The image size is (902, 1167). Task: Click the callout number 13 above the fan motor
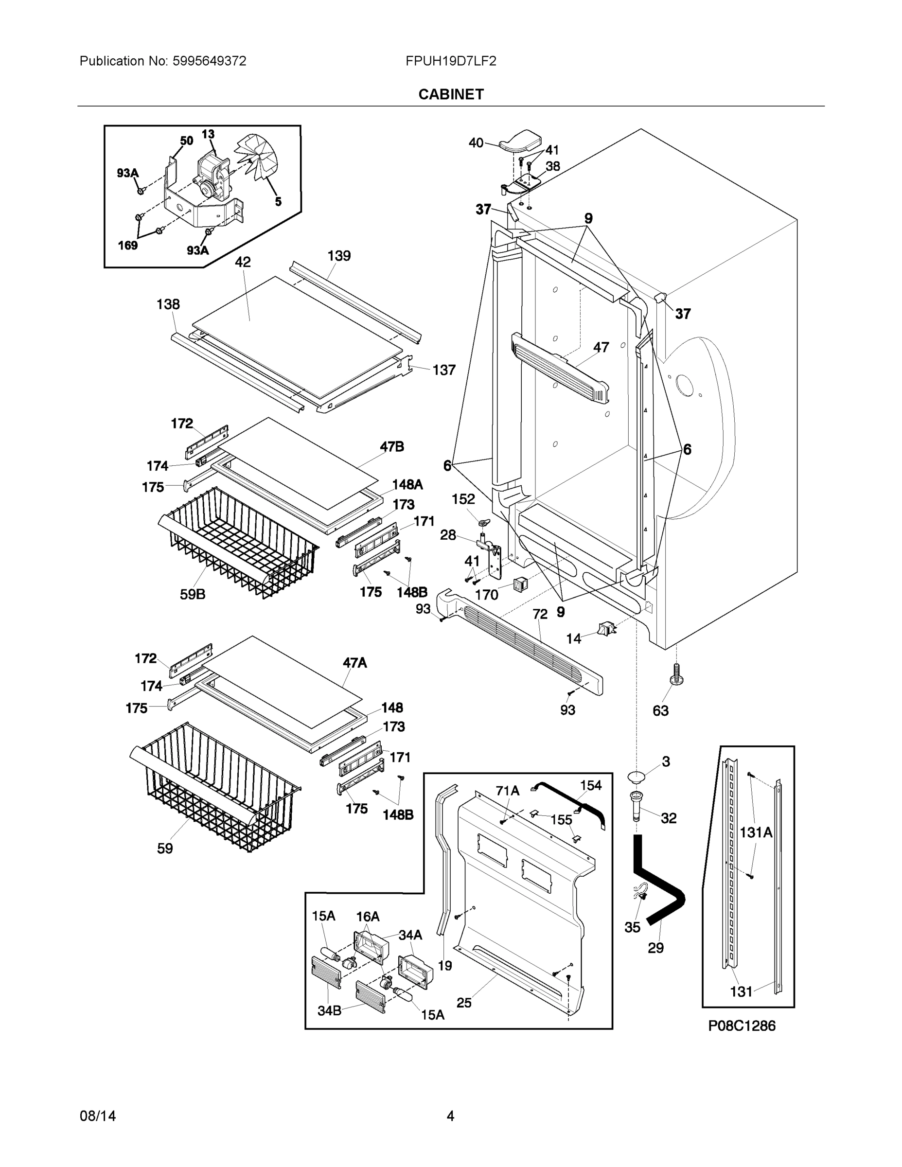click(208, 134)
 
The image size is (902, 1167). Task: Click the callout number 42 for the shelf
click(243, 262)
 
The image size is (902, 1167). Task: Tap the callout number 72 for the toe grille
click(540, 615)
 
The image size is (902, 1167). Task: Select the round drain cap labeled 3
click(637, 776)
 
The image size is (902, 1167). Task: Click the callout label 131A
click(756, 832)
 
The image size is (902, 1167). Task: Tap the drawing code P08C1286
click(742, 1026)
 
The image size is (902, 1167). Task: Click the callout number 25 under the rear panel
click(464, 1003)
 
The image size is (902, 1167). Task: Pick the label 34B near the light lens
click(329, 1010)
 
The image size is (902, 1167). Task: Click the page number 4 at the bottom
click(450, 1116)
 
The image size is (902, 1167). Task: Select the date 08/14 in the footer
click(98, 1116)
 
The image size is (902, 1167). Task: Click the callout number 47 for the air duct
click(601, 347)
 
